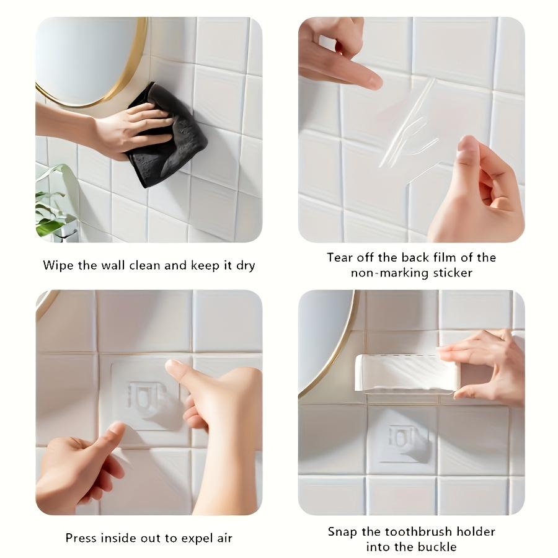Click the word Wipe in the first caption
point(58,265)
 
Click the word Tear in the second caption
point(340,257)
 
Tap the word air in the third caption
point(223,538)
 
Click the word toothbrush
point(422,531)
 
